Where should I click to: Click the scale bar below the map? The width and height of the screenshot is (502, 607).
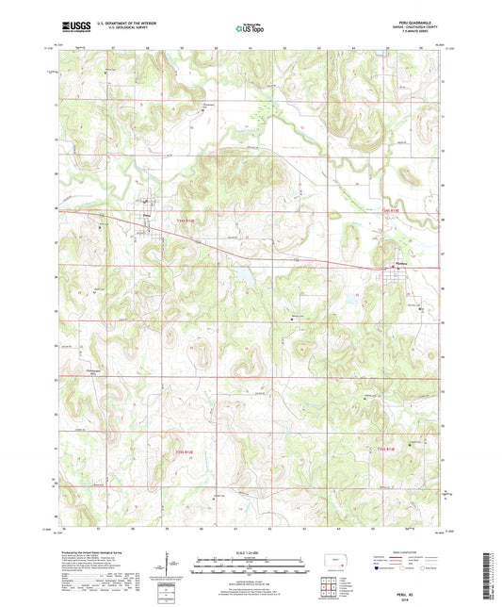[x=251, y=567]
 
